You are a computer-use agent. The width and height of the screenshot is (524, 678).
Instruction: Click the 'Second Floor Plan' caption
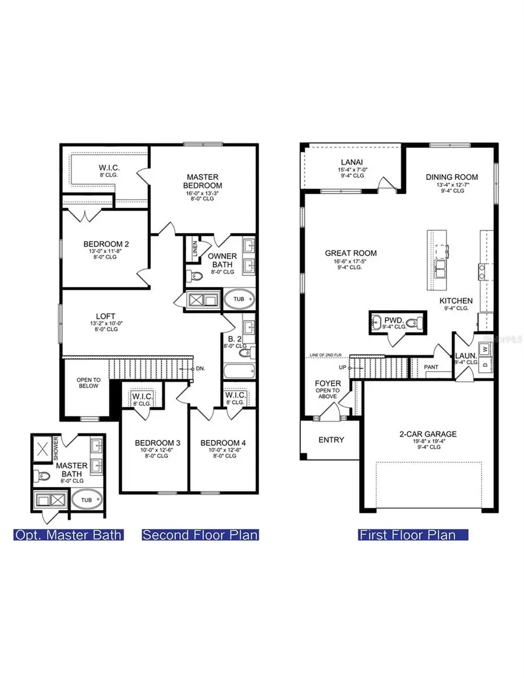point(200,535)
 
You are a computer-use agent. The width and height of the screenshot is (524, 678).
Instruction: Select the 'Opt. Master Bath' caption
point(69,535)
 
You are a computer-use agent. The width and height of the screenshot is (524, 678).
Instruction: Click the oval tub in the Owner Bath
point(239,299)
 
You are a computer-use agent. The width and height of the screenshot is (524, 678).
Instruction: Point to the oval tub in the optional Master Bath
point(86,500)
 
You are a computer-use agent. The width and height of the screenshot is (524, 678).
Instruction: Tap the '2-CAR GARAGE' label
point(428,434)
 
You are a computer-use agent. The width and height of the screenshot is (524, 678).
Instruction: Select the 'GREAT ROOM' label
point(350,253)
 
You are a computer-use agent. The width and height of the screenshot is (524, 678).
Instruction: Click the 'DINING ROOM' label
point(452,177)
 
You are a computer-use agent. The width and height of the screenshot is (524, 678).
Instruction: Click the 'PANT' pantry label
point(431,367)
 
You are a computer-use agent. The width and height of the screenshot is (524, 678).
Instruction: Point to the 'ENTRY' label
point(331,440)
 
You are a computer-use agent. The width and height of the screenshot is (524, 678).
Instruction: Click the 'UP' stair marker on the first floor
point(342,368)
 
